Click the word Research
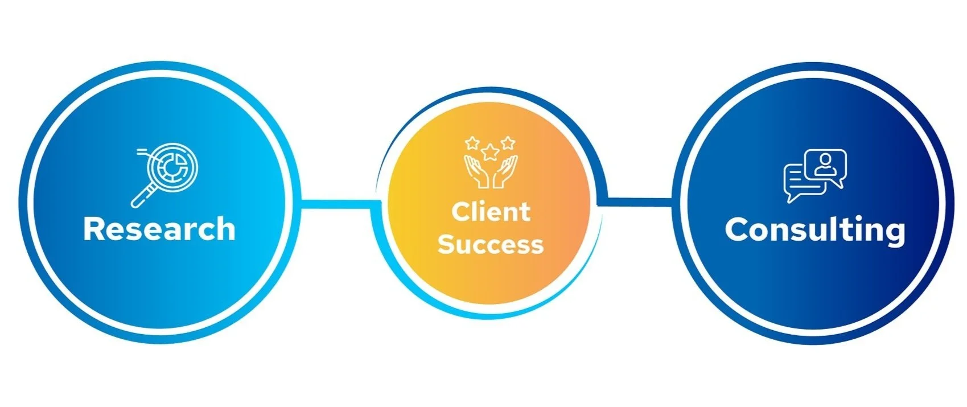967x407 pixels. pyautogui.click(x=159, y=229)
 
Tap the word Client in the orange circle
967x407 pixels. pyautogui.click(x=491, y=212)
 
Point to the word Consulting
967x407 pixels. pyautogui.click(x=814, y=230)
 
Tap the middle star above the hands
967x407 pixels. pyautogui.click(x=490, y=152)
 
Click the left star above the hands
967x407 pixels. pyautogui.click(x=472, y=142)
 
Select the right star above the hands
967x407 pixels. pyautogui.click(x=508, y=142)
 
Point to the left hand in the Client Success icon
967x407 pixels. pyautogui.click(x=477, y=172)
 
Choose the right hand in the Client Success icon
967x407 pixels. pyautogui.click(x=504, y=172)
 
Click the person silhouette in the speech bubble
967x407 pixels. pyautogui.click(x=825, y=163)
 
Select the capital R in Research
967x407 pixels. pyautogui.click(x=94, y=229)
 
